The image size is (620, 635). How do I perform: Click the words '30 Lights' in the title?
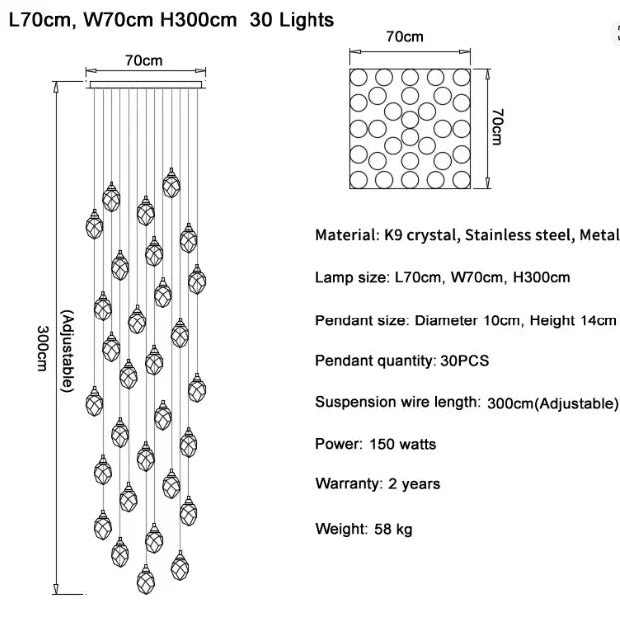click(x=292, y=20)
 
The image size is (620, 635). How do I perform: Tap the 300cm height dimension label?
click(x=43, y=348)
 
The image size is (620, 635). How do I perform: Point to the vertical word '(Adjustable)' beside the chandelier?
click(x=67, y=351)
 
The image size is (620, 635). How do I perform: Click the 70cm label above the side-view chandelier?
click(x=144, y=60)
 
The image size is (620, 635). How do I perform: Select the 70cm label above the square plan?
click(x=405, y=37)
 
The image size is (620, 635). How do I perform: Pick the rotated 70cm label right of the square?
click(x=497, y=127)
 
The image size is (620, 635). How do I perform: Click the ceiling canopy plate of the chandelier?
click(x=146, y=85)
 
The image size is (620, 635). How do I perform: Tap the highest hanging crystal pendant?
click(x=171, y=183)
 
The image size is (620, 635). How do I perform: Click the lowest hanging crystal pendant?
click(x=146, y=579)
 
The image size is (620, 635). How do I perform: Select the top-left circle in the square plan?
click(x=358, y=77)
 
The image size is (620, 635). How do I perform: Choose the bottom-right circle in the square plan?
click(x=461, y=180)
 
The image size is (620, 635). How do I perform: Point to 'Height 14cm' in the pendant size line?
click(x=573, y=320)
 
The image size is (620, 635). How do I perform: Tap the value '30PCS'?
click(x=465, y=360)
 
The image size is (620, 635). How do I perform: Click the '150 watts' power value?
click(x=403, y=444)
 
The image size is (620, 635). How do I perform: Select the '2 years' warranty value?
click(x=414, y=484)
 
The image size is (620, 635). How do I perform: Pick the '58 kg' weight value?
click(x=393, y=529)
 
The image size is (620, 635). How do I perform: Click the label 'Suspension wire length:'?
click(x=398, y=402)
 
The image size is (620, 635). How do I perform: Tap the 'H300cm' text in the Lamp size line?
click(x=542, y=277)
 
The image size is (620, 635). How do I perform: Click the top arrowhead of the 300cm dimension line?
click(x=56, y=86)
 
